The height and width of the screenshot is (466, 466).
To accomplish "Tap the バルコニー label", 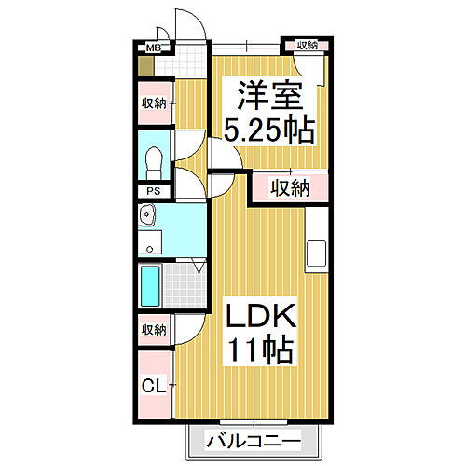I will [254, 440].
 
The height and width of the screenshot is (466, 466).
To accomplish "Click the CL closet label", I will [153, 383].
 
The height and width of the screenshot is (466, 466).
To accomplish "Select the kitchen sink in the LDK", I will [317, 252].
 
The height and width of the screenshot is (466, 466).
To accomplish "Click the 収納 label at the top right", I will [307, 45].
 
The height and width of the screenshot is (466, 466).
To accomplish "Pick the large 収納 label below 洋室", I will [290, 188].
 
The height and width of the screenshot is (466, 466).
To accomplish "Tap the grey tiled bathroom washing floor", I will [185, 282].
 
